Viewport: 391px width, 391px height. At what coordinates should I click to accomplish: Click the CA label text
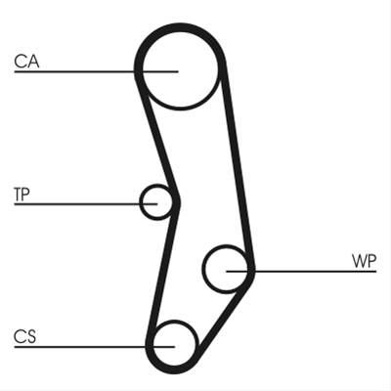(26, 62)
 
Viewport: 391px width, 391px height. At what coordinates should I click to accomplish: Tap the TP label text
(22, 195)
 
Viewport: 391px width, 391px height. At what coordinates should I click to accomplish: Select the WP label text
(364, 261)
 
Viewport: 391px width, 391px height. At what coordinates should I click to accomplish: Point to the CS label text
(24, 336)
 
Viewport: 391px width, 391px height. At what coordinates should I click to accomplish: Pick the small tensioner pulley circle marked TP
(141, 202)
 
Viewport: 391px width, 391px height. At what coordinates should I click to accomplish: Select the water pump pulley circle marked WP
(203, 269)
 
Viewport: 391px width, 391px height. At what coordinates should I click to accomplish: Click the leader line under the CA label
(96, 71)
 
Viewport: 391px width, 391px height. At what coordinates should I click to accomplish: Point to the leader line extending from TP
(86, 204)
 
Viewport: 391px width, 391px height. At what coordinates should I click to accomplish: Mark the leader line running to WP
(301, 271)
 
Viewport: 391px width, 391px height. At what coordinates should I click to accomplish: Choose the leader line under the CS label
(95, 347)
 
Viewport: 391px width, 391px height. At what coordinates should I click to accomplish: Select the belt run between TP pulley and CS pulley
(163, 271)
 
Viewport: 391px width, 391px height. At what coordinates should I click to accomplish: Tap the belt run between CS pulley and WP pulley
(223, 318)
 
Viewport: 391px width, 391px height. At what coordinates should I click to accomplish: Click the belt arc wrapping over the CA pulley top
(180, 27)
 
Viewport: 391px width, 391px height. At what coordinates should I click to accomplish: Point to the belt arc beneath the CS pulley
(173, 370)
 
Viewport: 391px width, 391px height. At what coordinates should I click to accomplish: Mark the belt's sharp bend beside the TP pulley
(178, 202)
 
